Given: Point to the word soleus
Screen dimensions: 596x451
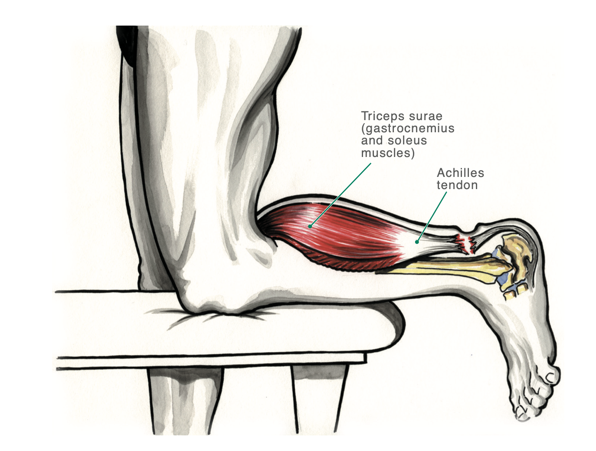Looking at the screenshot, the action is coord(407,141).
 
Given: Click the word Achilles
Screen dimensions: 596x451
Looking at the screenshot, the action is coord(460,173).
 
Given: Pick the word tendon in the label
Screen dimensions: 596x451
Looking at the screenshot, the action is coord(457,185).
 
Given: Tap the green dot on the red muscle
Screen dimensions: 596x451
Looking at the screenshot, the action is coord(310,226).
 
